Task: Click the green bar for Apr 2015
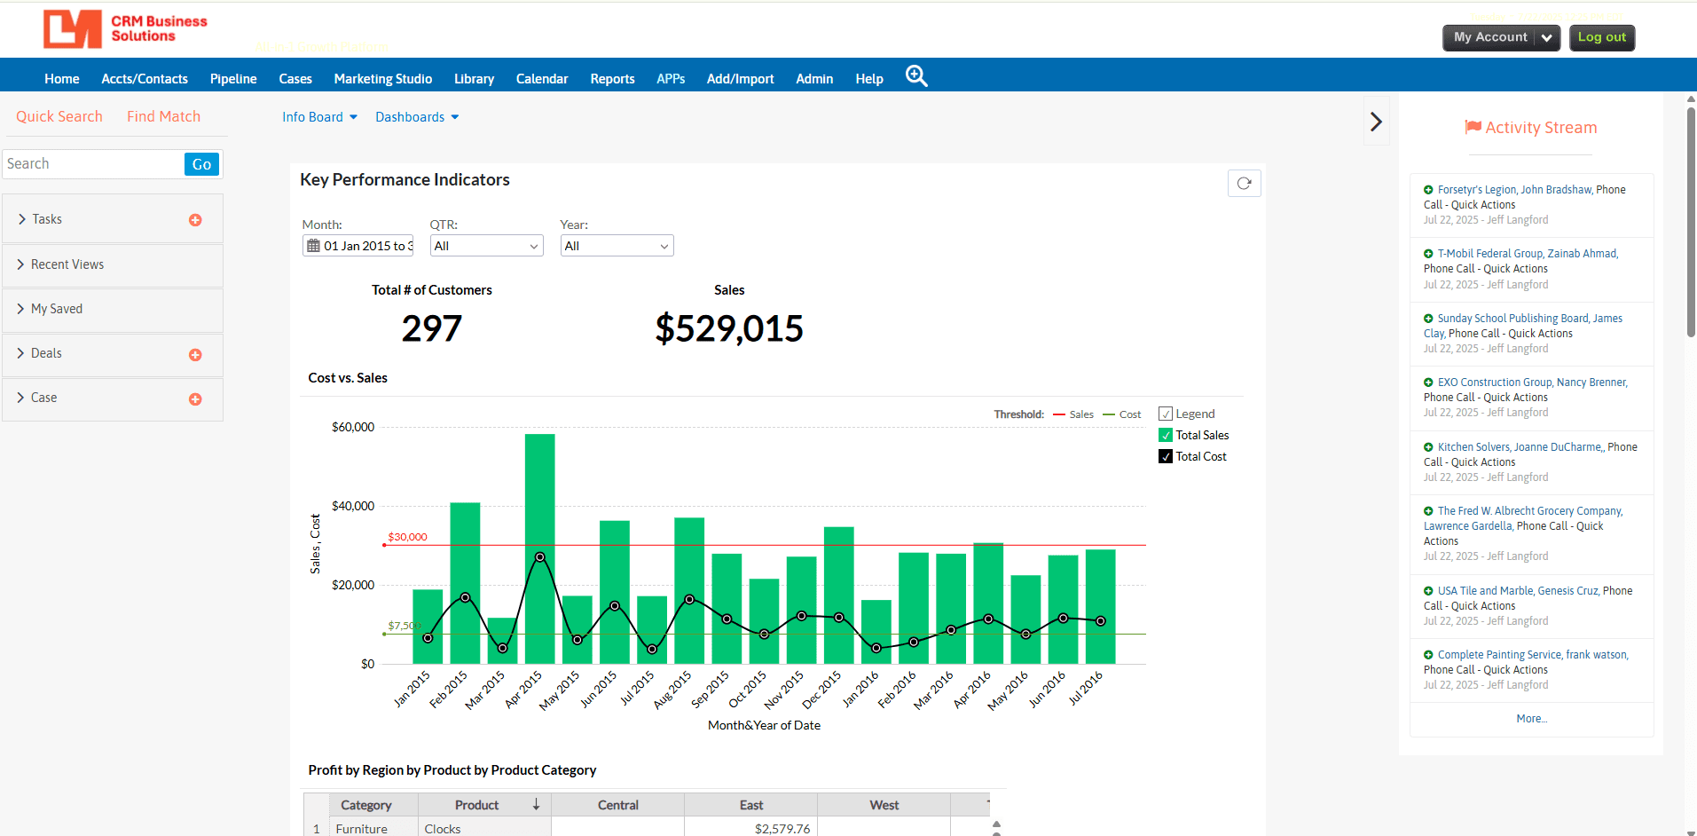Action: click(539, 497)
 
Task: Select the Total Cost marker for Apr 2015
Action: click(539, 557)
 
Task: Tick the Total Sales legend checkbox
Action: click(1166, 435)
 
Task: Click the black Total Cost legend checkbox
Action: click(1166, 456)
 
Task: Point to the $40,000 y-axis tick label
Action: click(352, 506)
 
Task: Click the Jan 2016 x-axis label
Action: click(860, 689)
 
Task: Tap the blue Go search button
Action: click(201, 164)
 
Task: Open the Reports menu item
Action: click(612, 79)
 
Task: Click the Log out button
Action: click(1601, 37)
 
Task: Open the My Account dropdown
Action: click(1501, 37)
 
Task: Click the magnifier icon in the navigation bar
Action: click(916, 76)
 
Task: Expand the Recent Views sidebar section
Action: click(67, 264)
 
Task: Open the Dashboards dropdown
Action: click(416, 117)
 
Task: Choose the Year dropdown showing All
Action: click(617, 246)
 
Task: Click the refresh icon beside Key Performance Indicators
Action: click(1244, 183)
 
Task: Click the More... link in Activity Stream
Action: click(1531, 719)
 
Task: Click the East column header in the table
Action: click(750, 805)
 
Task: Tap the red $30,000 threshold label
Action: click(407, 537)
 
